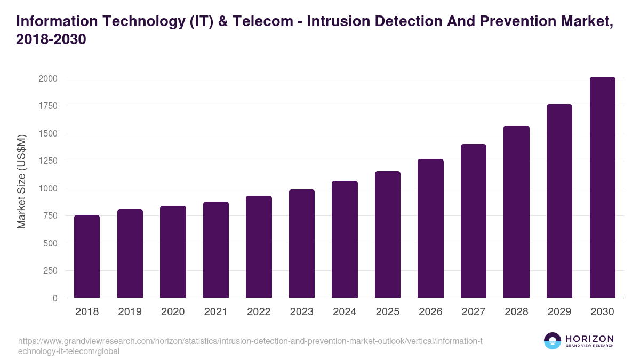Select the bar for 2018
(x=87, y=257)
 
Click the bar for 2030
(x=602, y=188)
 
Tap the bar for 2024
(x=345, y=239)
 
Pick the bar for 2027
(x=474, y=221)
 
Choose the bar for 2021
(x=216, y=250)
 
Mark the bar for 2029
(x=559, y=201)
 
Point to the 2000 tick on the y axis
(x=47, y=78)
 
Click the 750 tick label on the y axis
(x=50, y=215)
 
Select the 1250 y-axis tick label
(x=47, y=161)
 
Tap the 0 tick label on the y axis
(x=54, y=298)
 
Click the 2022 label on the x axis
(x=259, y=312)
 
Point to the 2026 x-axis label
(x=430, y=312)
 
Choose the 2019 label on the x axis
(x=130, y=312)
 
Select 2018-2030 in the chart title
(x=51, y=40)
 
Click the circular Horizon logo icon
(x=552, y=341)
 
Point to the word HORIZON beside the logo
(x=589, y=339)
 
